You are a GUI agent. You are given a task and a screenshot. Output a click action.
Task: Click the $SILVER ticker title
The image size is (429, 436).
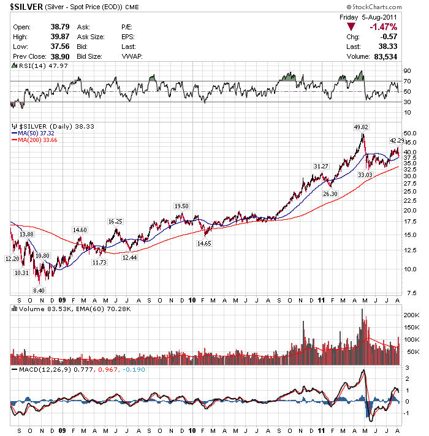[25, 7]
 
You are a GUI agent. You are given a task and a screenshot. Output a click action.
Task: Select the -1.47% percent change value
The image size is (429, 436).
[383, 27]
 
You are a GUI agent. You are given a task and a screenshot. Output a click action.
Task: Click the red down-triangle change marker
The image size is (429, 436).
[351, 27]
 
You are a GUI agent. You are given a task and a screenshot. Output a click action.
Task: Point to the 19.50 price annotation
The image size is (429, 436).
[181, 206]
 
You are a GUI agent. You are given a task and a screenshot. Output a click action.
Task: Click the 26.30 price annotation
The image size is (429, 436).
[330, 194]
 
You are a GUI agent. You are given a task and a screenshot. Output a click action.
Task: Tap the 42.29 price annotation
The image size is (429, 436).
[398, 140]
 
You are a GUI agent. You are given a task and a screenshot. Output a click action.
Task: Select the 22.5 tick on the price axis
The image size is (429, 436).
[411, 200]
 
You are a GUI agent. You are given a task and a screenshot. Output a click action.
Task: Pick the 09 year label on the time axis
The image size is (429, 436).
[63, 301]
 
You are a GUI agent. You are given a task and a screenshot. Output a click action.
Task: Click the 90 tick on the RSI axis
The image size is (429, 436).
[407, 71]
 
